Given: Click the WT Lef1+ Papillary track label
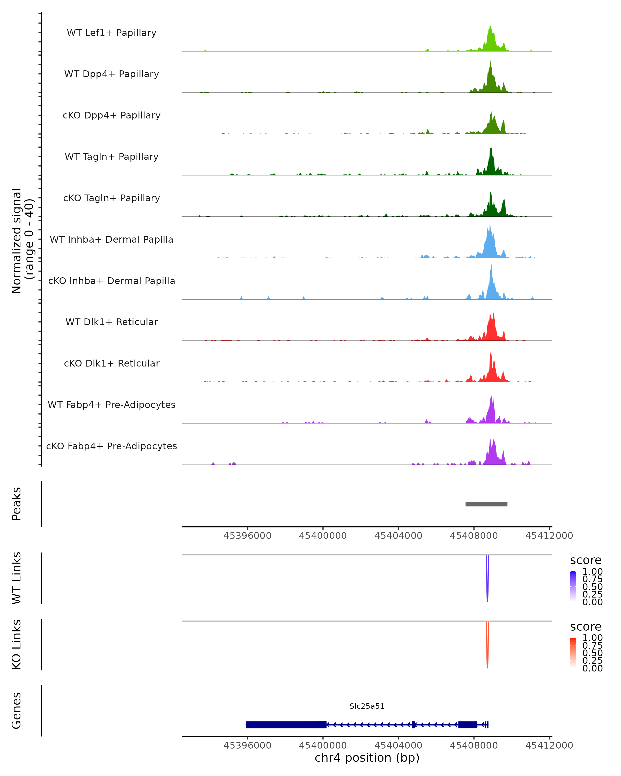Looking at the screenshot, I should pyautogui.click(x=112, y=33).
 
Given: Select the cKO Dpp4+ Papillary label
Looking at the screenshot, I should pyautogui.click(x=112, y=116).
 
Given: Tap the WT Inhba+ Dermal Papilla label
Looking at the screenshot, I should pyautogui.click(x=112, y=240).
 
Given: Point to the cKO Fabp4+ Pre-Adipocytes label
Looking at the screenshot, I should pyautogui.click(x=112, y=446).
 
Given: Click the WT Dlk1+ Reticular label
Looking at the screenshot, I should pyautogui.click(x=112, y=322).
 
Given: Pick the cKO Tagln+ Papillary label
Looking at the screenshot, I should pyautogui.click(x=112, y=198).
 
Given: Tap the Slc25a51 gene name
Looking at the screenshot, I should pyautogui.click(x=367, y=706).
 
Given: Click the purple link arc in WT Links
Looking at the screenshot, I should pyautogui.click(x=487, y=583).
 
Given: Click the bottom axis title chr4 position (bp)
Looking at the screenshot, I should pyautogui.click(x=367, y=758).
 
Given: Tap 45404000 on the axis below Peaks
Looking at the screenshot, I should pyautogui.click(x=398, y=536).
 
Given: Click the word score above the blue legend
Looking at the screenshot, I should pyautogui.click(x=586, y=561).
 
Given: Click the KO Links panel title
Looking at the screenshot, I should pyautogui.click(x=17, y=645).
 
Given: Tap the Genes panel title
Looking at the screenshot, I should pyautogui.click(x=17, y=711).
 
